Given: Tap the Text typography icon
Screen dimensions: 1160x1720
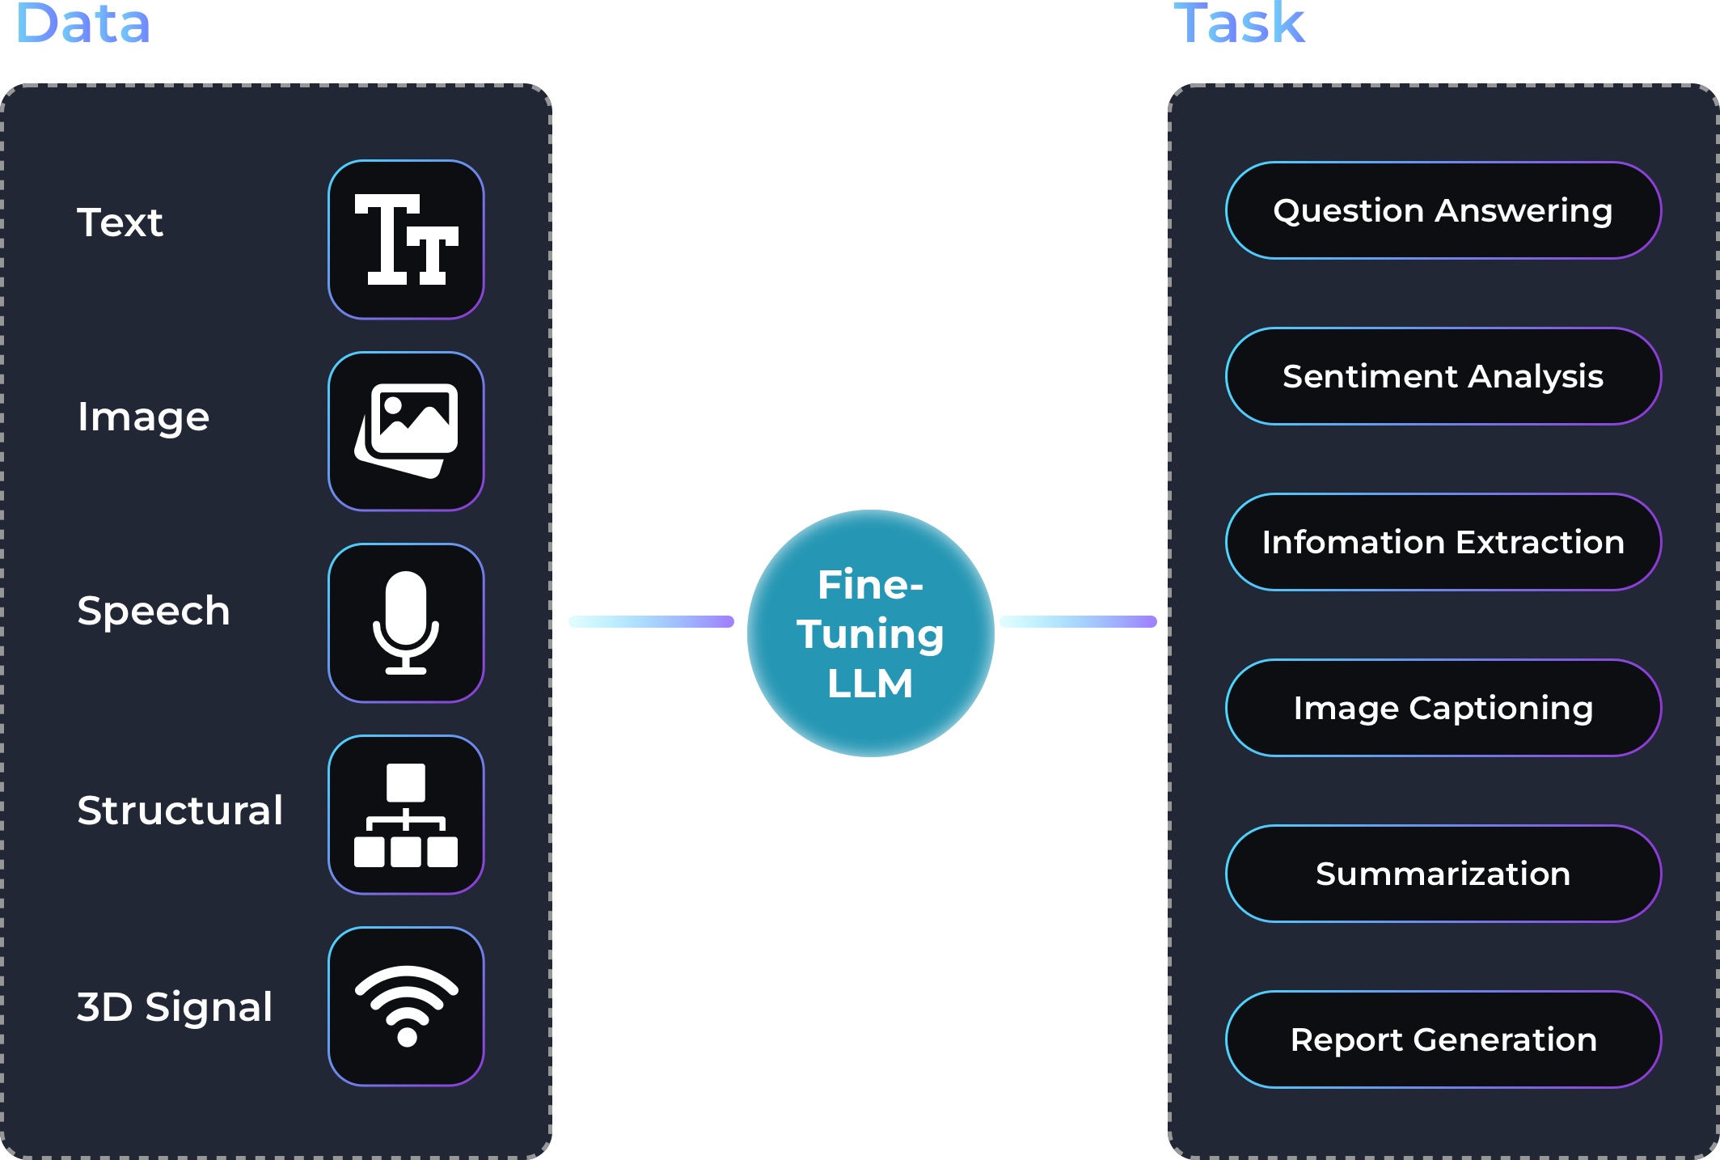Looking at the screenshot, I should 406,239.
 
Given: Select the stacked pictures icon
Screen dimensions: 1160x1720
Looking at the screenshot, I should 406,431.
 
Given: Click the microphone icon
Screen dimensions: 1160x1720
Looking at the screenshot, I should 406,623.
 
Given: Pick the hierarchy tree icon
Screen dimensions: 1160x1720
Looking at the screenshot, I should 406,815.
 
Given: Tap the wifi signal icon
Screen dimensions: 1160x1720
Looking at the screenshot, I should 406,1006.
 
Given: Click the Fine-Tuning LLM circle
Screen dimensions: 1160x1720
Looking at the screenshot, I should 870,633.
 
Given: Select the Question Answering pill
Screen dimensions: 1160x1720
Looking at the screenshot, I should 1443,210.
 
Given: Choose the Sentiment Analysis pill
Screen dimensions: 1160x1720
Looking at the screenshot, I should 1443,376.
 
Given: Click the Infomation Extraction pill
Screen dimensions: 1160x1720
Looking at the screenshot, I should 1443,542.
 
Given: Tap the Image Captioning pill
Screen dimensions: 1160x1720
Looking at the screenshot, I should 1443,708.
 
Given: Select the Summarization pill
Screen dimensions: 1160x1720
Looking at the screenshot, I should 1443,874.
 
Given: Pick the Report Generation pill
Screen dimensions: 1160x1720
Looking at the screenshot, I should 1443,1039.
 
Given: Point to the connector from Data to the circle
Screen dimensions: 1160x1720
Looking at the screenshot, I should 651,621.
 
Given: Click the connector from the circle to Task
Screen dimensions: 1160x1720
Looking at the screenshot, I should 1078,621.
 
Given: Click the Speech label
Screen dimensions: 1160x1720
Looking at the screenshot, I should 154,611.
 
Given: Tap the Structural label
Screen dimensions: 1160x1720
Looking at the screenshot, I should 180,810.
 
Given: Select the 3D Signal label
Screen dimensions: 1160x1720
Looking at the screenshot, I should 175,1007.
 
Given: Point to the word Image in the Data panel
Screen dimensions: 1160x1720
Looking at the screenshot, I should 143,417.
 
